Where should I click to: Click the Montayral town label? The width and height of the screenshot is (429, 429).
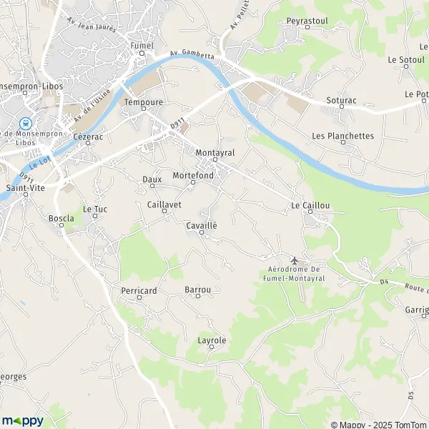214,153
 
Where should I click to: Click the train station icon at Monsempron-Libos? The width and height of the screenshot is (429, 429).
25,124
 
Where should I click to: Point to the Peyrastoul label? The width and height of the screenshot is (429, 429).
307,21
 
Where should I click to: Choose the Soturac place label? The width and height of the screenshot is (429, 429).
341,100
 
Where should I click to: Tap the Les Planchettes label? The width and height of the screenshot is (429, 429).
342,136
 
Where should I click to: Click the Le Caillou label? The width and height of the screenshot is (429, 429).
310,205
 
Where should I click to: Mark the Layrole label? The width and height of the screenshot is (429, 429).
212,340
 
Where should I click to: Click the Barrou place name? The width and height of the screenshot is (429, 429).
197,290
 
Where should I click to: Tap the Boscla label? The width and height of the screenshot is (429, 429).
61,217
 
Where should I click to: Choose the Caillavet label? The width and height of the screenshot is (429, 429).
164,204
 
